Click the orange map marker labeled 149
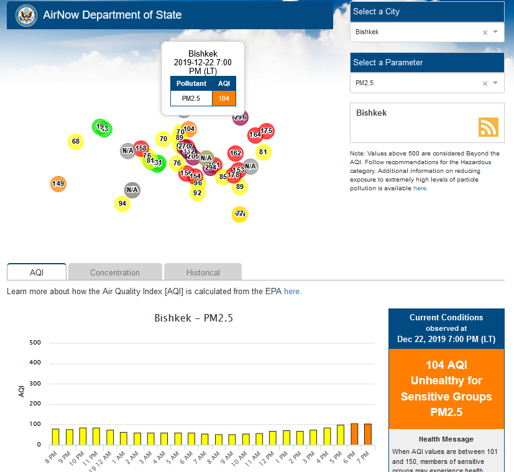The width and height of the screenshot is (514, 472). pos(58,183)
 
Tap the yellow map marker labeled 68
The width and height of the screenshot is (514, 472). pos(76,142)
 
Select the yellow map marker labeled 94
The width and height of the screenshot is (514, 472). pos(122,204)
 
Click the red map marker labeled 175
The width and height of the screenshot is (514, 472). pos(267,131)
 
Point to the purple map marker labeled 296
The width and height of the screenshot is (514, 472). pos(241,117)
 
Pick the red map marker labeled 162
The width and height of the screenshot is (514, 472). pos(236,153)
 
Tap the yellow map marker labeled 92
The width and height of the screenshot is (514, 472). pos(197,193)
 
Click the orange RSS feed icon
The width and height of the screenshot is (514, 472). pos(488,127)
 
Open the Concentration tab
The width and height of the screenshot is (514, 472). pos(115,272)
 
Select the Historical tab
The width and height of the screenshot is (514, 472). pos(203,272)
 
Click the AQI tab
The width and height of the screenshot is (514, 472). pos(37,272)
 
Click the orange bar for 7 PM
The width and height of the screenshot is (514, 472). pos(367,434)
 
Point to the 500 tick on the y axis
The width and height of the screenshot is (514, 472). pos(35,343)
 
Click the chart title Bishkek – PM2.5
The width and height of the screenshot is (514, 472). pos(193,318)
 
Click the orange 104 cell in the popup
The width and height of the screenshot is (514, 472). pos(224,98)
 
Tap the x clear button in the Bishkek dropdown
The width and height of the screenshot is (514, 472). pos(485,32)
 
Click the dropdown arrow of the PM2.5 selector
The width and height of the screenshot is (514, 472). pos(495,83)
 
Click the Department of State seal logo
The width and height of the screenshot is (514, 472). pos(26,14)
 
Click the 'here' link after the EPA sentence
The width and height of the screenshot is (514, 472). pos(292,291)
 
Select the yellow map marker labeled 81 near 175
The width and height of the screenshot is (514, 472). pos(263,152)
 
